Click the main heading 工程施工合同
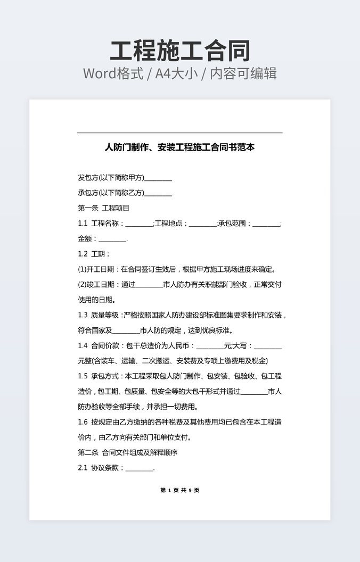point(180,51)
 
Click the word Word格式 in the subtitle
point(113,73)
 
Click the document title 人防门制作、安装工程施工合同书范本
point(180,147)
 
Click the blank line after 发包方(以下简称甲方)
point(158,178)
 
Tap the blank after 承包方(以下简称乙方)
point(158,193)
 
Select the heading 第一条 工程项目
point(104,208)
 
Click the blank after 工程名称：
point(139,224)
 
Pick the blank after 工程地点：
point(202,224)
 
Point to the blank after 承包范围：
point(266,224)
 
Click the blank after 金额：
point(112,239)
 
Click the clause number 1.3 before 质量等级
point(83,315)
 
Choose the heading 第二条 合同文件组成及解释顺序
point(128,453)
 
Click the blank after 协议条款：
point(139,469)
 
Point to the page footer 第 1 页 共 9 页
point(180,490)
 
